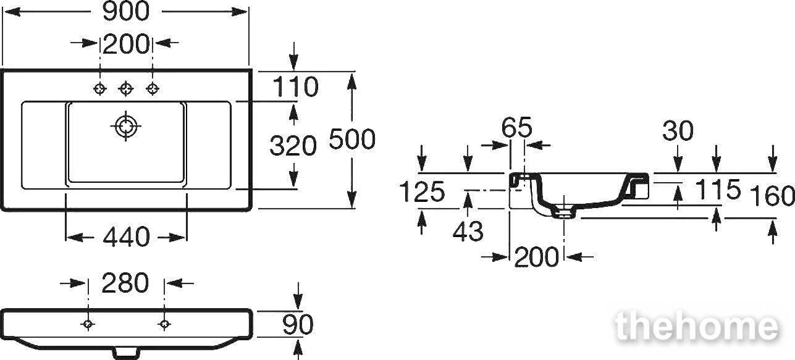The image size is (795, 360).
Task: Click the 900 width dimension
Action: pos(126,12)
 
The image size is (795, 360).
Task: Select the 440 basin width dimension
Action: pos(127,237)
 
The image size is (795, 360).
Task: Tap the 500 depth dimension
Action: pos(352,139)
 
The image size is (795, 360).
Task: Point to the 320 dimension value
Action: pos(293,146)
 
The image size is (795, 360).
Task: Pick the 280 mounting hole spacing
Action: pos(125,283)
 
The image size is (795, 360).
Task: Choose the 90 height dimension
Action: pos(298,324)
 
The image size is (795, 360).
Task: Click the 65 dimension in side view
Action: pos(517,127)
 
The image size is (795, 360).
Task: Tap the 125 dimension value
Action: pos(422,192)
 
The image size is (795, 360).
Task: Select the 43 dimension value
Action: pos(468,231)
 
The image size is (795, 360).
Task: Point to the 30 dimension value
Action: pos(678,131)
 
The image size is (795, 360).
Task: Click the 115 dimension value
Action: pos(718,190)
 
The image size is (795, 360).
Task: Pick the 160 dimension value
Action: pos(772,196)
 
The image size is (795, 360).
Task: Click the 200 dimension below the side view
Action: pos(536,257)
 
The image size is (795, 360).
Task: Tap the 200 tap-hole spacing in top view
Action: pos(126,44)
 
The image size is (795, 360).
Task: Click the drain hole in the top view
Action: pos(125,126)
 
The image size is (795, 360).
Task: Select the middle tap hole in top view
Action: pos(125,88)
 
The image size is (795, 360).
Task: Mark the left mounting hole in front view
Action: pos(88,324)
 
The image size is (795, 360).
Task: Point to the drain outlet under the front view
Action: pos(125,353)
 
